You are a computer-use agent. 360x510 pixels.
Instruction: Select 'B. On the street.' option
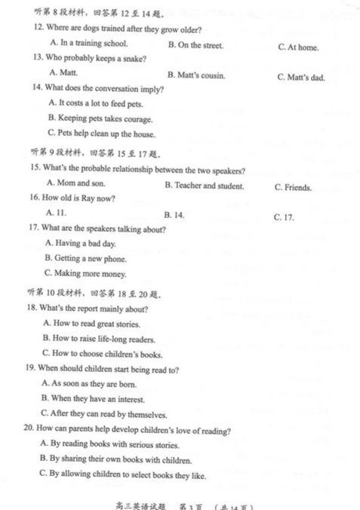(x=195, y=45)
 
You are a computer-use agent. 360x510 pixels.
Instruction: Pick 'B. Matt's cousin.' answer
(x=196, y=75)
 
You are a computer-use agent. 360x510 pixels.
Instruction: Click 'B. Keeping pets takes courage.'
(x=100, y=118)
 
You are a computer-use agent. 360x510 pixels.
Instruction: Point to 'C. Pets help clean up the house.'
(x=101, y=134)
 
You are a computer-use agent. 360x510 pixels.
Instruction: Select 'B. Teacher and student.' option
(x=204, y=186)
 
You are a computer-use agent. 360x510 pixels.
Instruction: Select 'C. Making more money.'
(x=85, y=273)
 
